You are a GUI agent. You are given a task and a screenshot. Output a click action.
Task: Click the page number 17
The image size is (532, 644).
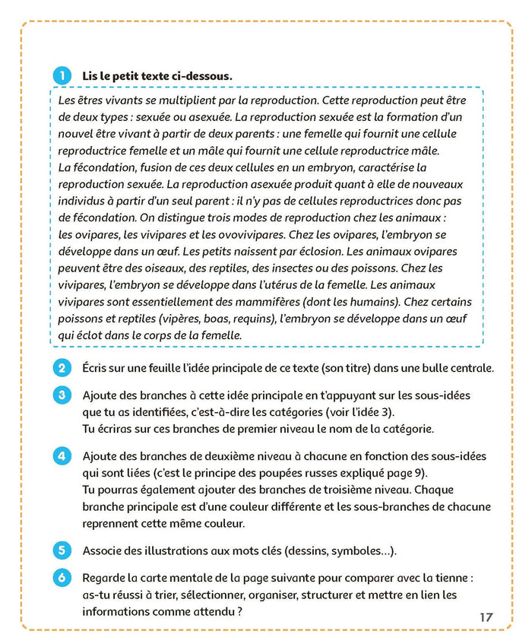point(486,617)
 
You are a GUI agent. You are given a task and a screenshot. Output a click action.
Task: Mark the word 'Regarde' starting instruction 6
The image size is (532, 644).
point(105,578)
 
